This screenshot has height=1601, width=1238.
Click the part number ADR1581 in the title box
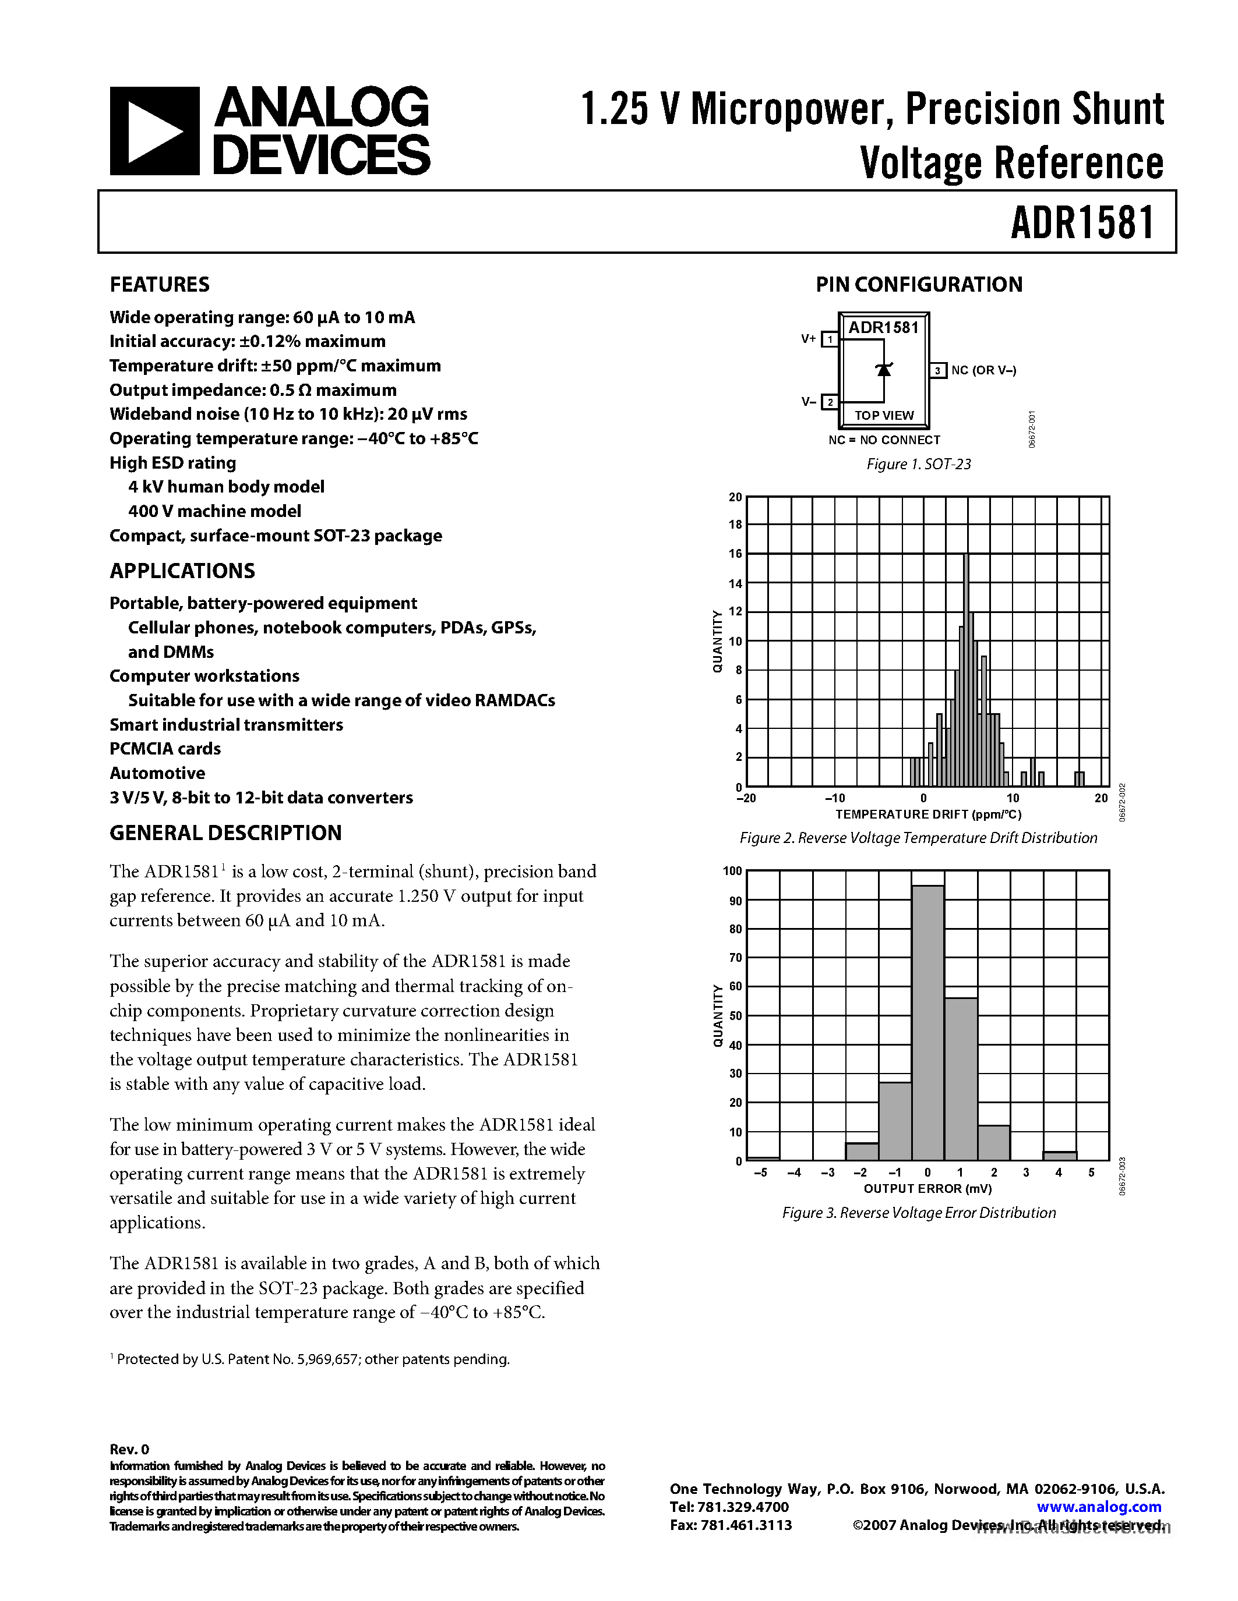[1082, 223]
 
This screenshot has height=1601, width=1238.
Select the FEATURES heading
[159, 285]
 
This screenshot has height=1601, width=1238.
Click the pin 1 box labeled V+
[830, 339]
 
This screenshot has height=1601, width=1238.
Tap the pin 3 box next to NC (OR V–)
[937, 371]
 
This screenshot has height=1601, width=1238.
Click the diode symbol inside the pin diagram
[884, 370]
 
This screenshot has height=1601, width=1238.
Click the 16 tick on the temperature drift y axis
[735, 554]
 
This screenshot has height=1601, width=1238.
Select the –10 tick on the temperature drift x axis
[835, 798]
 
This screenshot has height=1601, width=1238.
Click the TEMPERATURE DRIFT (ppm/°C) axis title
[927, 814]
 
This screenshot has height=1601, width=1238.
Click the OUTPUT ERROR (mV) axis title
[927, 1188]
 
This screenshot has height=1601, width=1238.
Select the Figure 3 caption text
[918, 1213]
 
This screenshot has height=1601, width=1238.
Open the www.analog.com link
[1099, 1507]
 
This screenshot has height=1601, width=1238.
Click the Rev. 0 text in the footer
[129, 1449]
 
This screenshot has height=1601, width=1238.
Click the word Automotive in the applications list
[157, 773]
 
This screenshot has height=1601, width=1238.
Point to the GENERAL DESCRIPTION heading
[225, 833]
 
